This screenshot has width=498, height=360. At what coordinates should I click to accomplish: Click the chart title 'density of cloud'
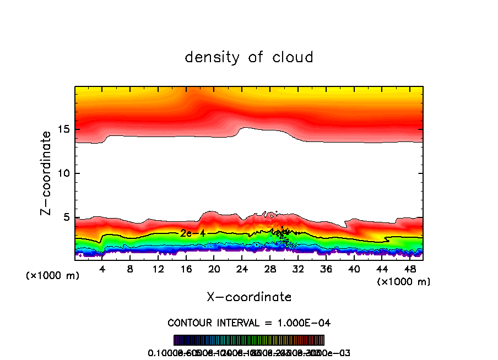coord(249,57)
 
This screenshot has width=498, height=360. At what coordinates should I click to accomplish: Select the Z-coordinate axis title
coord(46,173)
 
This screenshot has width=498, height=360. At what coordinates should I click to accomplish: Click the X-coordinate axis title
coord(249,297)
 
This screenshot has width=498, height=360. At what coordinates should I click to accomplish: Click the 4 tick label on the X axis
coord(102,270)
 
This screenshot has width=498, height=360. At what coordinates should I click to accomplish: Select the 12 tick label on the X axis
coord(158,270)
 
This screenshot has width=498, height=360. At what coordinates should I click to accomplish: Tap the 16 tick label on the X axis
coord(186,270)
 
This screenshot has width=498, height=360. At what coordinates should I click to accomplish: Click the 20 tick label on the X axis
coord(214,270)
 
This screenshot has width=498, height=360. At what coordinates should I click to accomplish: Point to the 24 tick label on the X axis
coord(242,270)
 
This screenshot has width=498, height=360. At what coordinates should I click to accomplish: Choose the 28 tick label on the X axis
coord(270,270)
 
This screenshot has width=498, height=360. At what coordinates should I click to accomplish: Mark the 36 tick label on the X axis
coord(326,270)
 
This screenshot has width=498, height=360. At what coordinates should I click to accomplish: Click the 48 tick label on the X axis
coord(409,270)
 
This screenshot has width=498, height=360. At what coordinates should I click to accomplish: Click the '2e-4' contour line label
coord(193,233)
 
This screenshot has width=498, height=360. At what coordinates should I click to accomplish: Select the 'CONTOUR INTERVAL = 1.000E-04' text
coord(249,323)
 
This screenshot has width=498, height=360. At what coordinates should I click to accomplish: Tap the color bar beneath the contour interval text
coord(249,340)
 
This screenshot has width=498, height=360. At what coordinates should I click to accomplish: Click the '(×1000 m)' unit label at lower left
coord(53,276)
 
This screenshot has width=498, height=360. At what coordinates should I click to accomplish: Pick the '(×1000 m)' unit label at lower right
coord(404,282)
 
